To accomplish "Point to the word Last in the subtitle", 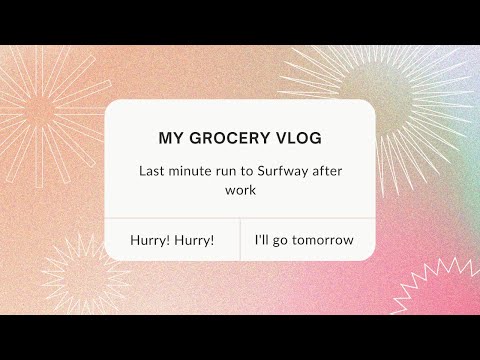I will pos(152,171).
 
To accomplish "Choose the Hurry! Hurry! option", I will pos(172,241).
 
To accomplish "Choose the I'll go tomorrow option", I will pos(303,241).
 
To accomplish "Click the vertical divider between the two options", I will pos(240,240).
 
